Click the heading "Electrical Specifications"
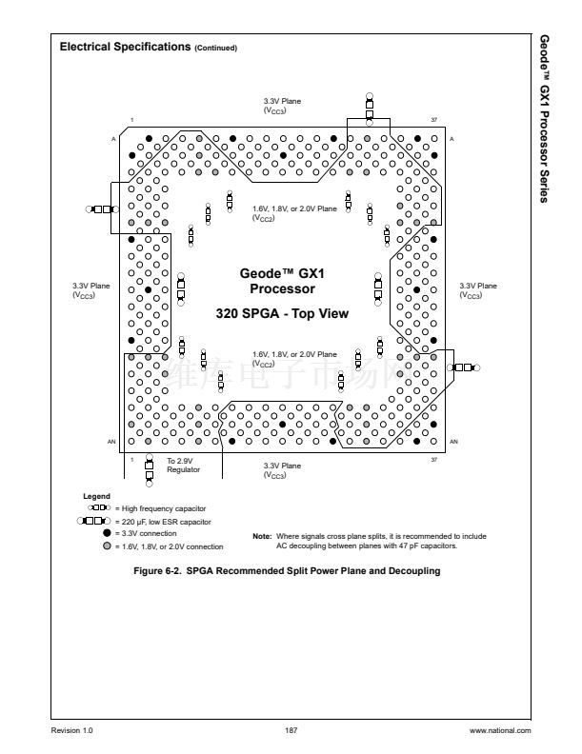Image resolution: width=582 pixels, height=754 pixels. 125,47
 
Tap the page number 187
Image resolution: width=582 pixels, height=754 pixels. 291,730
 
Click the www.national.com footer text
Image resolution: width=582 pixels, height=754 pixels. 500,730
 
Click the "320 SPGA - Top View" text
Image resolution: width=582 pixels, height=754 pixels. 282,313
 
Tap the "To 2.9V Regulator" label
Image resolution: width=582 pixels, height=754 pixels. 183,465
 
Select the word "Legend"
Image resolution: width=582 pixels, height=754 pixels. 97,496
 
